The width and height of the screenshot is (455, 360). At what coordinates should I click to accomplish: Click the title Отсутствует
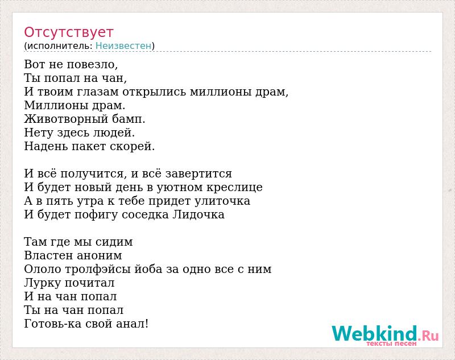[x=68, y=33]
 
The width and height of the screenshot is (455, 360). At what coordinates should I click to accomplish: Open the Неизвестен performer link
[x=123, y=45]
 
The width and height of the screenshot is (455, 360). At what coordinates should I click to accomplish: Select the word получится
[x=92, y=174]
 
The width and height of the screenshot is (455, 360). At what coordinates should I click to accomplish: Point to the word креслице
[x=234, y=188]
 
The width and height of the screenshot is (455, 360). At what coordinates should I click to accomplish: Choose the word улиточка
[x=222, y=201]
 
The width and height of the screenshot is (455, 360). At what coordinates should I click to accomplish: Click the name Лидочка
[x=198, y=214]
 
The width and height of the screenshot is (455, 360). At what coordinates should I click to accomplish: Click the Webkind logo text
[x=385, y=333]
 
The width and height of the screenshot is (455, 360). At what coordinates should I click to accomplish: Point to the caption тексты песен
[x=391, y=344]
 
